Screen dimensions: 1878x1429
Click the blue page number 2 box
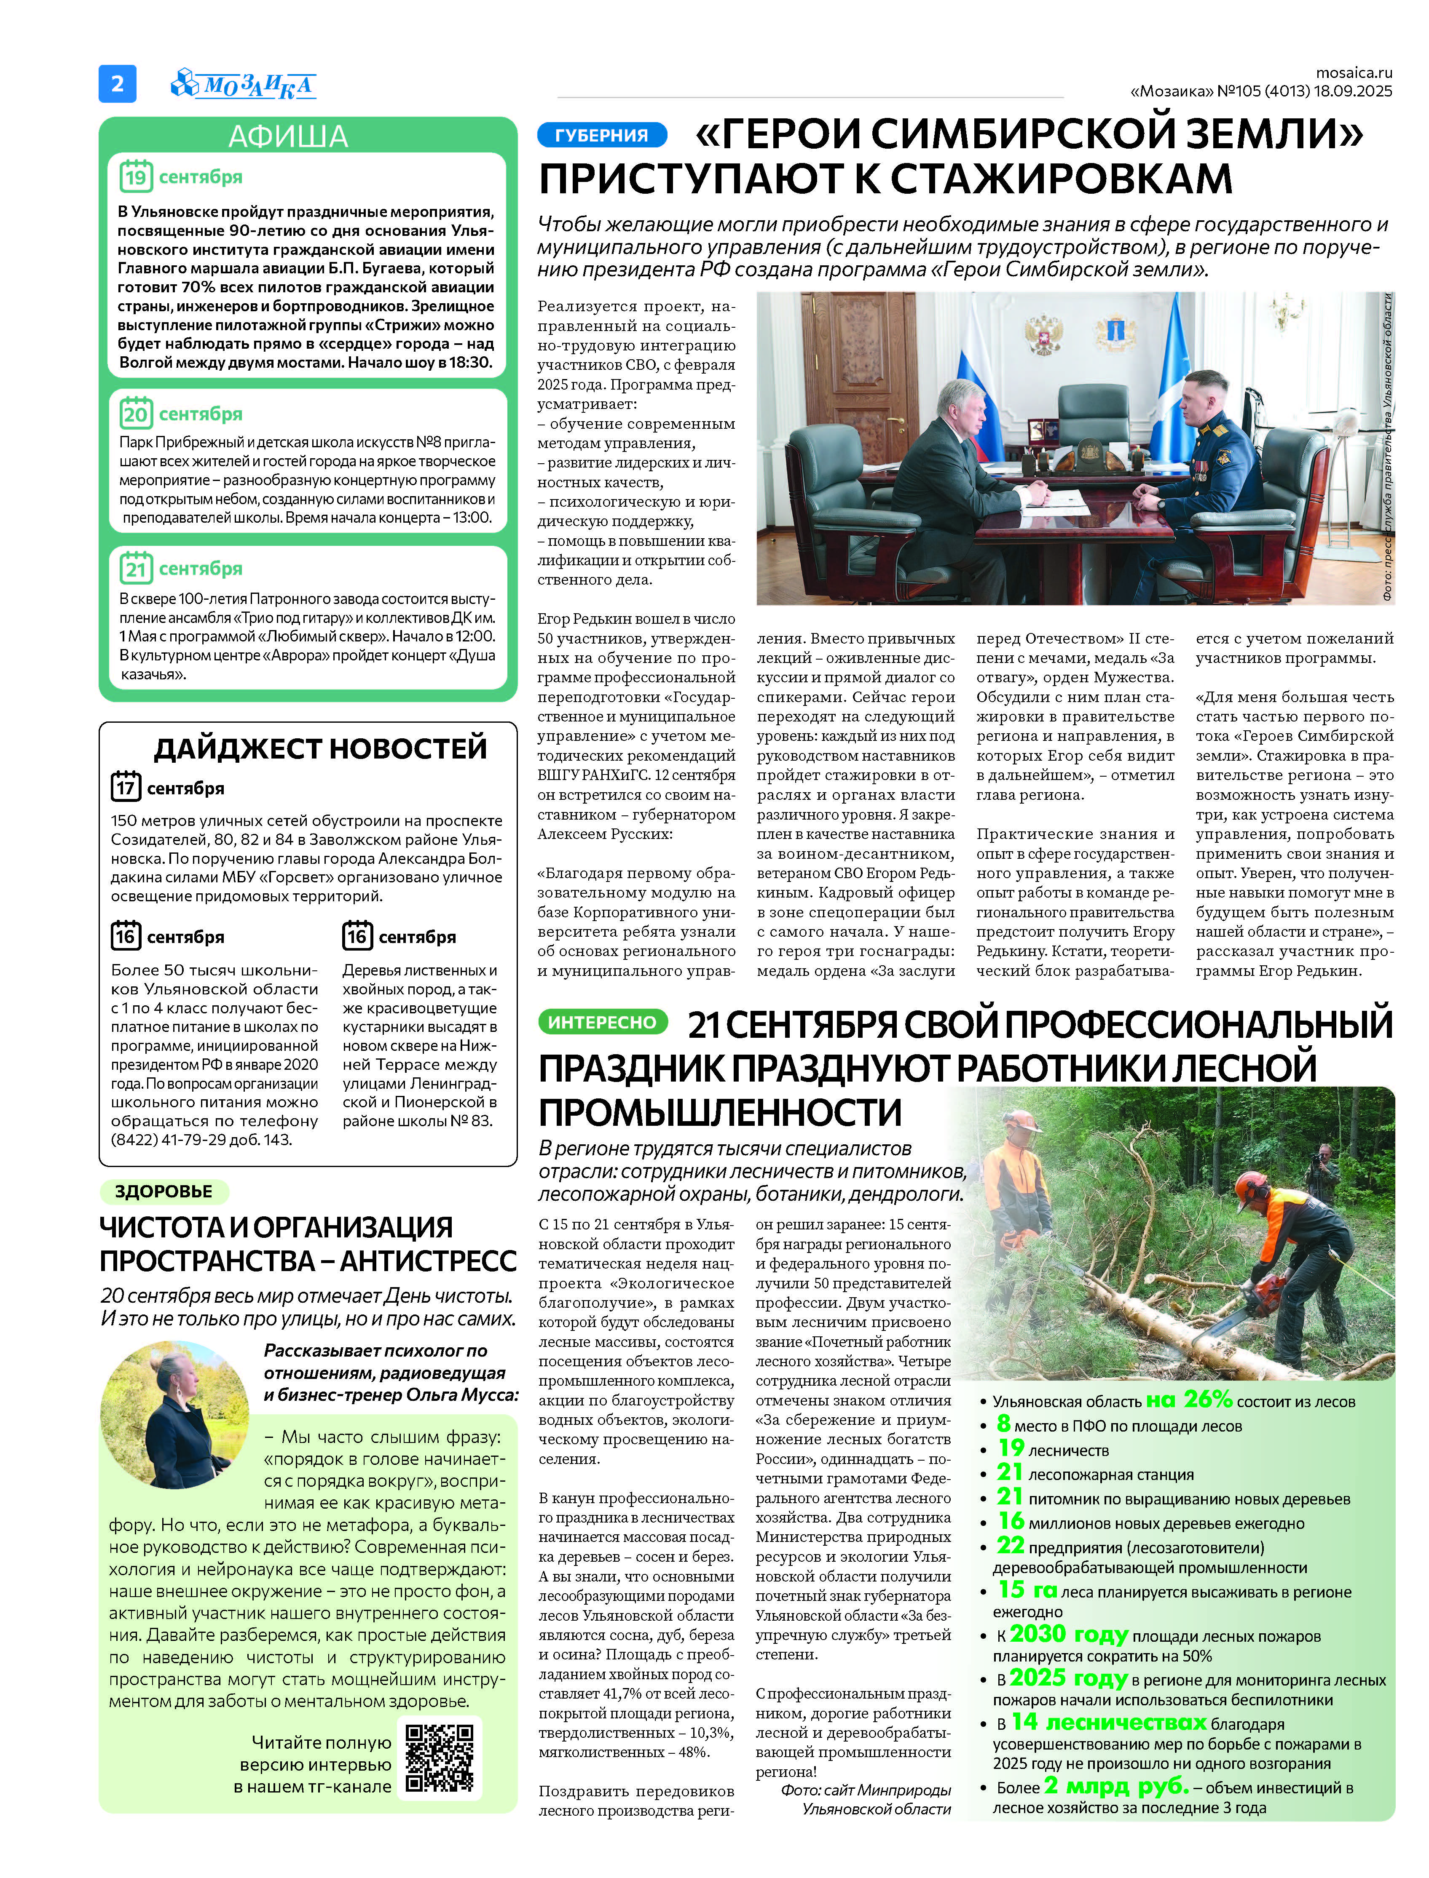coord(118,83)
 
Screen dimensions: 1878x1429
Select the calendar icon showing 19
coord(135,176)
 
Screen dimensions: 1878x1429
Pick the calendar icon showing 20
coord(135,413)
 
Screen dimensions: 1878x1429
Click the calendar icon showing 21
coord(135,568)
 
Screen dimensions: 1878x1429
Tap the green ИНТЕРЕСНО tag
coord(601,1022)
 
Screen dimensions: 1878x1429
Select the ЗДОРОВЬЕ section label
coord(164,1191)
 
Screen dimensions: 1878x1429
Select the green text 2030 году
coord(1068,1634)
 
